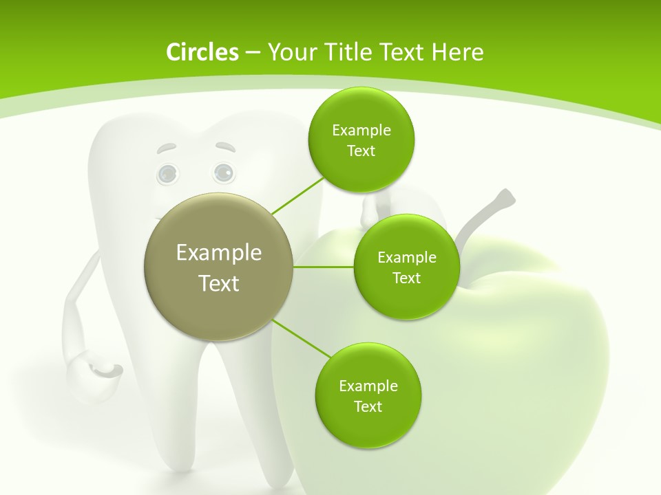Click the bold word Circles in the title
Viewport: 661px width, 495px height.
coord(202,52)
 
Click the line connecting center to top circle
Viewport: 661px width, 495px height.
coord(297,195)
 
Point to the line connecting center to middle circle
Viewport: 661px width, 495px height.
coord(324,267)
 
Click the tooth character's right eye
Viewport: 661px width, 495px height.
coord(223,172)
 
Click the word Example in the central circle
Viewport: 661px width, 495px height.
coord(218,252)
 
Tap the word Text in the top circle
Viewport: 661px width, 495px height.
coord(361,151)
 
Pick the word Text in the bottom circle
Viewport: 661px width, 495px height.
coord(368,406)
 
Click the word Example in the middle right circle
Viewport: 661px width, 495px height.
coord(406,257)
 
